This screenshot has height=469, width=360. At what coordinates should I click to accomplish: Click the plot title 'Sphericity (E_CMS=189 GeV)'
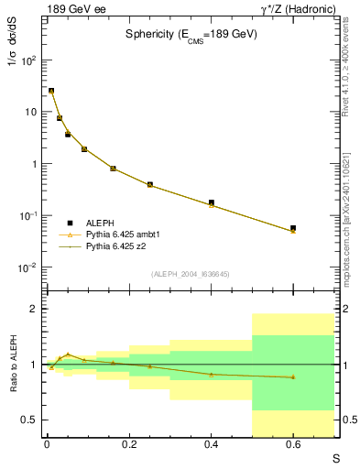click(191, 34)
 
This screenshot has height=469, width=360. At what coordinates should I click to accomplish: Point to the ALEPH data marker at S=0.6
click(293, 228)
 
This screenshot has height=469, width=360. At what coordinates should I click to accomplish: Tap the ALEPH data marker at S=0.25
click(149, 184)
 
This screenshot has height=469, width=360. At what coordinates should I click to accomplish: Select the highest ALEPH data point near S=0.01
click(51, 91)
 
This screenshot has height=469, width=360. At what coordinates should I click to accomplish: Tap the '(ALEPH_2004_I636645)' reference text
click(191, 274)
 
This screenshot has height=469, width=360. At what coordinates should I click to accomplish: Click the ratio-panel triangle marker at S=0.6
click(293, 377)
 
